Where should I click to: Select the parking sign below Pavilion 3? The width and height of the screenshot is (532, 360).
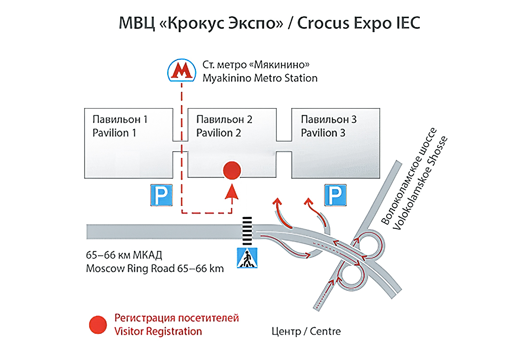point(336,195)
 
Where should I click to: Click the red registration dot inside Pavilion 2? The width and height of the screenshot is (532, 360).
point(231,170)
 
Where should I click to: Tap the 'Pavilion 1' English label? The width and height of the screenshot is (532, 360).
point(114,133)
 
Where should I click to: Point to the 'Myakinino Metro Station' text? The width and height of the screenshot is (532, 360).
point(260,78)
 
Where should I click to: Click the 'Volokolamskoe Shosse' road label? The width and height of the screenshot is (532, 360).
point(421,184)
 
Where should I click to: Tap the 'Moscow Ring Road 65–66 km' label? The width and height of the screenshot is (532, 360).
point(155,268)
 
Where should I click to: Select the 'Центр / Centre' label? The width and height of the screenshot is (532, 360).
point(306,331)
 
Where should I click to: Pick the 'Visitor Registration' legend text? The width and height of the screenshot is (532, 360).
point(158,331)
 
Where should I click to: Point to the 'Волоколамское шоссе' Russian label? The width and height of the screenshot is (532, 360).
point(407,177)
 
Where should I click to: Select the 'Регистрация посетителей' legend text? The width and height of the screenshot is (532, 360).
point(176,318)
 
